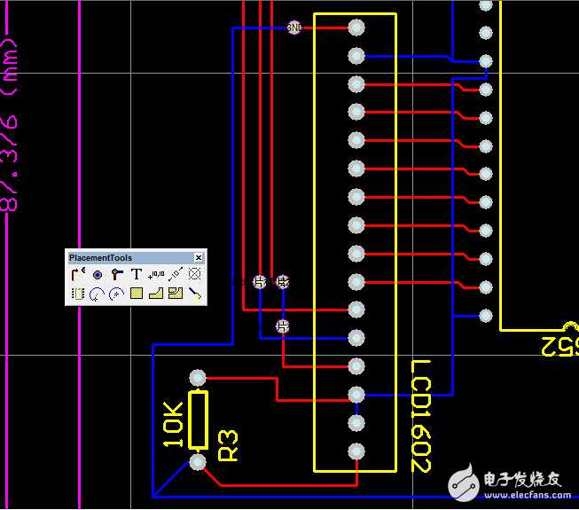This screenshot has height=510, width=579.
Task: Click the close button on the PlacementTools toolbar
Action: [x=198, y=258]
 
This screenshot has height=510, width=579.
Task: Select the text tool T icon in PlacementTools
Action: [x=137, y=275]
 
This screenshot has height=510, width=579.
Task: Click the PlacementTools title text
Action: [x=100, y=258]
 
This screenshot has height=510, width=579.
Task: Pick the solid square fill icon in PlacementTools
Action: [x=137, y=293]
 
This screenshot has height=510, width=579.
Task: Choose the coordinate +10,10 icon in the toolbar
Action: [x=156, y=275]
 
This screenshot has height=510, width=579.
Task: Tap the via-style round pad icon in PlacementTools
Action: [x=98, y=275]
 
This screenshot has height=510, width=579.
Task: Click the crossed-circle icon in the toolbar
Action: [x=195, y=275]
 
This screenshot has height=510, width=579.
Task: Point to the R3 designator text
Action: [x=228, y=445]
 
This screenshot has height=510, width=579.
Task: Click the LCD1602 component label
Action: [x=421, y=415]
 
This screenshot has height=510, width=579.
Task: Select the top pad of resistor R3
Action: [x=198, y=378]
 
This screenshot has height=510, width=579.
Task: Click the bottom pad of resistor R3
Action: [x=198, y=462]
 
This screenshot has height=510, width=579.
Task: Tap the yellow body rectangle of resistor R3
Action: [x=198, y=420]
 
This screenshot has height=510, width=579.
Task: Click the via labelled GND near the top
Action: [x=294, y=27]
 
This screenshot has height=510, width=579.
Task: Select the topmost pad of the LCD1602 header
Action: [x=356, y=27]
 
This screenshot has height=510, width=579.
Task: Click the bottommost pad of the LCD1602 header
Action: [x=356, y=451]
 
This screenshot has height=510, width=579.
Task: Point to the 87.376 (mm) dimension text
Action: [x=11, y=124]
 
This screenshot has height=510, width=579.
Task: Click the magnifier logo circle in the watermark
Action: [x=463, y=482]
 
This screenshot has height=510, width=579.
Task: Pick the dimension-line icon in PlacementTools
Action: [x=176, y=275]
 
